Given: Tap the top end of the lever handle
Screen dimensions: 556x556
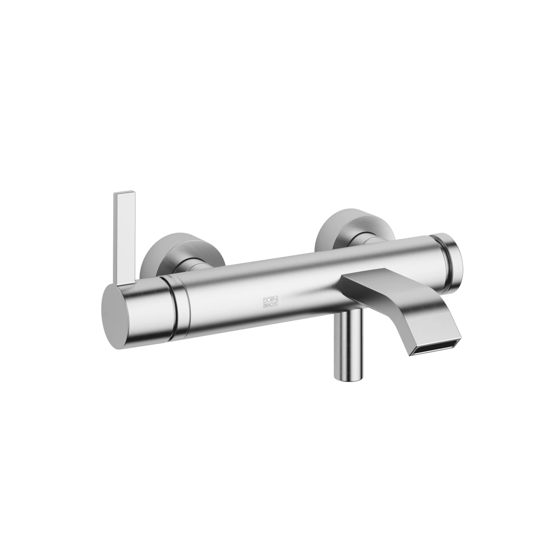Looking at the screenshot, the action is coord(125,192).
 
